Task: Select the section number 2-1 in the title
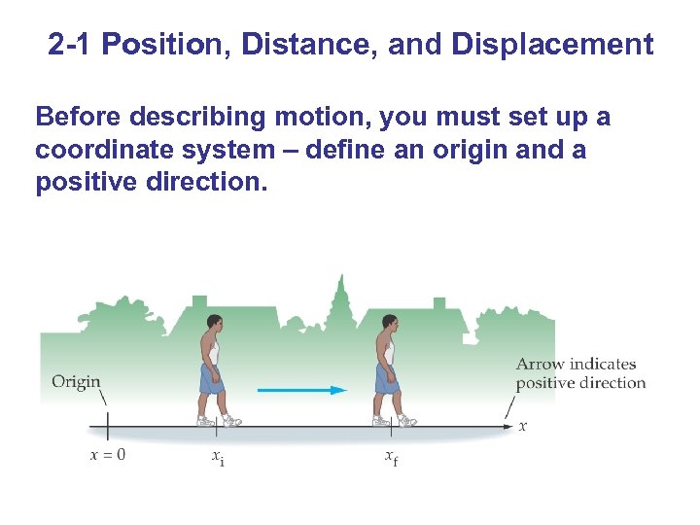(x=73, y=45)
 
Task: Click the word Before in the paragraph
(x=76, y=118)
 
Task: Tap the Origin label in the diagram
(x=76, y=382)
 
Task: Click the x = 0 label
(x=107, y=455)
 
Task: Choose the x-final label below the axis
(x=391, y=457)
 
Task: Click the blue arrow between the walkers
(x=301, y=390)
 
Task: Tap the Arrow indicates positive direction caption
(x=580, y=373)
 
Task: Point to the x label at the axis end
(x=523, y=426)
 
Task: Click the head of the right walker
(x=390, y=322)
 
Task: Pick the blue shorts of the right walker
(x=388, y=377)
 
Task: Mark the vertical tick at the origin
(x=107, y=426)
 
